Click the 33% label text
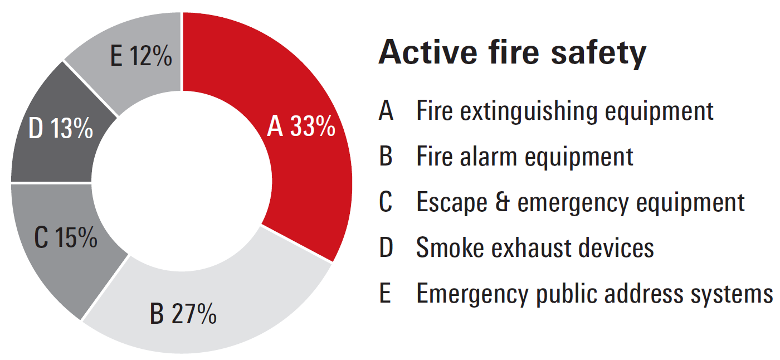313,126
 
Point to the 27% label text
194,313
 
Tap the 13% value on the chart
72,128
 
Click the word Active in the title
428,52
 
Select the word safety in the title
598,54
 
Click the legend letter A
386,110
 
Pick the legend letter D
386,247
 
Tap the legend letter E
385,293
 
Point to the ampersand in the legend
502,202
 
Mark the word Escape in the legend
452,203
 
